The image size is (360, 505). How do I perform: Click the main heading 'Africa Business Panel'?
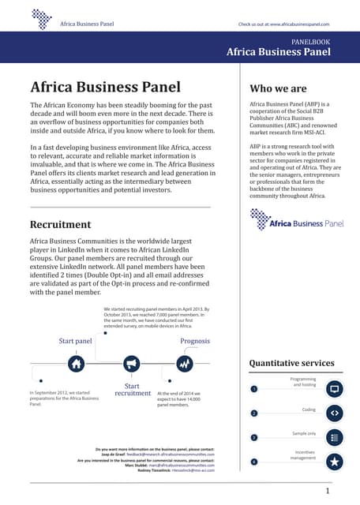pyautogui.click(x=105, y=87)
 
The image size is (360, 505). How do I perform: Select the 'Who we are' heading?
pyautogui.click(x=279, y=88)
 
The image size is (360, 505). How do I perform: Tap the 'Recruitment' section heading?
pyautogui.click(x=60, y=225)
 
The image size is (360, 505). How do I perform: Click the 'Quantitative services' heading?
pyautogui.click(x=291, y=363)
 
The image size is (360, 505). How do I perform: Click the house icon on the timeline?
pyautogui.click(x=76, y=364)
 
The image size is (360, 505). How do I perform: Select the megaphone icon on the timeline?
pyautogui.click(x=131, y=364)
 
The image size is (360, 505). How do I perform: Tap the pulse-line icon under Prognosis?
pyautogui.click(x=185, y=364)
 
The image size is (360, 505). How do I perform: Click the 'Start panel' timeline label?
pyautogui.click(x=76, y=341)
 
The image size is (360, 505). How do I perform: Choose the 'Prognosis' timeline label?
pyautogui.click(x=195, y=341)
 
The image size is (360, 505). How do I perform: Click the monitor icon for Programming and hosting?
pyautogui.click(x=334, y=389)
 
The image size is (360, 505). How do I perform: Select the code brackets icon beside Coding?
pyautogui.click(x=334, y=413)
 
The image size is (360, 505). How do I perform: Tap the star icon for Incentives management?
pyautogui.click(x=334, y=462)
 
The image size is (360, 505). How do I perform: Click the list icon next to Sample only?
pyautogui.click(x=334, y=437)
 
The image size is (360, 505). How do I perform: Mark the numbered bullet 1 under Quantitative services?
pyautogui.click(x=254, y=389)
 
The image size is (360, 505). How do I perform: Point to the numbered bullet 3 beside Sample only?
pyautogui.click(x=254, y=437)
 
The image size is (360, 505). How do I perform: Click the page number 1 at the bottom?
pyautogui.click(x=327, y=491)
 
